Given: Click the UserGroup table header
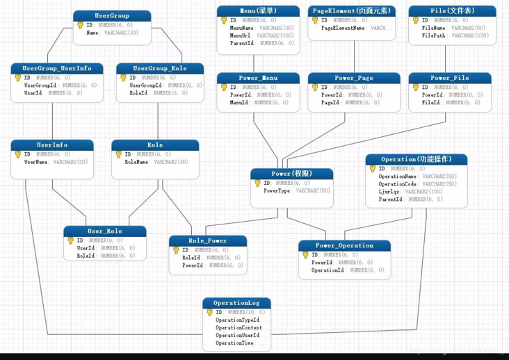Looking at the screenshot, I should tap(112, 15).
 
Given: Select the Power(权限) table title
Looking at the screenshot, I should tap(291, 173).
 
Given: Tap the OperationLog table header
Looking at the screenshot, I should tap(236, 303).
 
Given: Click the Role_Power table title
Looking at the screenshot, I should tap(207, 240).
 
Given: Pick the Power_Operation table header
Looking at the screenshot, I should tap(344, 245).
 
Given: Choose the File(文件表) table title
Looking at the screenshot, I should tap(452, 11).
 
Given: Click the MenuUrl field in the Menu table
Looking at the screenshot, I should tap(241, 35).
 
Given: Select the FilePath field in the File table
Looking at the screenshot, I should tap(433, 35).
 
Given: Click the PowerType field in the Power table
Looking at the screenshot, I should tap(277, 190).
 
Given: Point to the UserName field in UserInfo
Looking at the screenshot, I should tap(36, 162).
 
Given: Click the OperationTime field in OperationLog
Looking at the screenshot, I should tap(234, 343).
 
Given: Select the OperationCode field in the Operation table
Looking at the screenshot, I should tap(398, 184).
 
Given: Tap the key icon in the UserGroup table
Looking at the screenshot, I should tap(81, 25).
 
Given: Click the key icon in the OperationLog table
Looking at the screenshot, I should tap(210, 313).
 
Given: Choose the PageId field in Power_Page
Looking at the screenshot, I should tap(330, 102).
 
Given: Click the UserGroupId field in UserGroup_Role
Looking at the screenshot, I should tap(147, 85).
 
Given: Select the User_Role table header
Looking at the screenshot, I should tap(104, 231).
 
